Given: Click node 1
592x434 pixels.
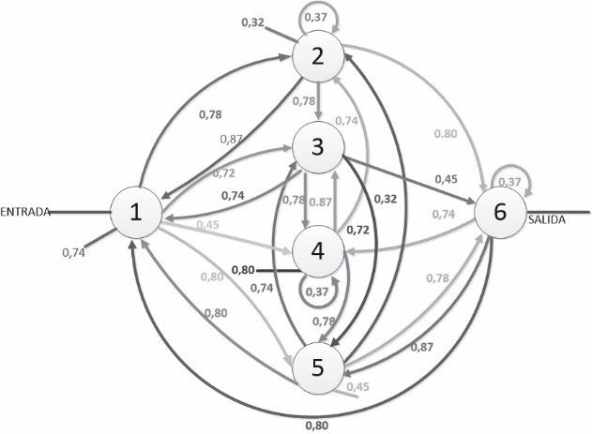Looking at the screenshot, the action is tap(136, 212).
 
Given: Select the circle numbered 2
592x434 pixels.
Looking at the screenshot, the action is tap(317, 56).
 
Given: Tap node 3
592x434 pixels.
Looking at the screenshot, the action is tap(317, 147).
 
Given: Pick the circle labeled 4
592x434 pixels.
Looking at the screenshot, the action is tap(317, 251).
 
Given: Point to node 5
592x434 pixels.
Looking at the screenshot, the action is tap(317, 368).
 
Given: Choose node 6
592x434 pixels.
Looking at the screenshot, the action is tap(500, 212).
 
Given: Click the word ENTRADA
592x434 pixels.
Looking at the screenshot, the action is tap(25, 212).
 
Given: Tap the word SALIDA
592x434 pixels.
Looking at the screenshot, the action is tap(547, 220).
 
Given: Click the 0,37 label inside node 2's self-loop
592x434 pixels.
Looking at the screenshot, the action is tap(315, 18).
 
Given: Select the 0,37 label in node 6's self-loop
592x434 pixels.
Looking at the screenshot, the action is tap(509, 182).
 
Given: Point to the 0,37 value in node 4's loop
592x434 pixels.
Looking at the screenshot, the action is tap(317, 292).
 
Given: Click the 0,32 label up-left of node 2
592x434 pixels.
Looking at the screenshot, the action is tap(252, 22).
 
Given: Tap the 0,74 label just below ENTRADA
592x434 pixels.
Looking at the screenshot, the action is tap(73, 253).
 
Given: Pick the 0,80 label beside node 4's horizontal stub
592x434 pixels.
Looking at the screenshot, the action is tap(243, 270).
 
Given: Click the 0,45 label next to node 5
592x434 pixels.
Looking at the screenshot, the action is tap(357, 387).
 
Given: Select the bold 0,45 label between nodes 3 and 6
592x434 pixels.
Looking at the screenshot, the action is tap(446, 179).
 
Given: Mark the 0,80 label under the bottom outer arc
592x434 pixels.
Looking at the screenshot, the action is tap(317, 426).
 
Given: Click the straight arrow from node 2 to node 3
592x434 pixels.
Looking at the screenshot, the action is tap(319, 101).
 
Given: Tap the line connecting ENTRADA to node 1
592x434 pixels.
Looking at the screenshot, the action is tap(81, 212).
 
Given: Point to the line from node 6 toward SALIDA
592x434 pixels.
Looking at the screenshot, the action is tap(558, 212).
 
